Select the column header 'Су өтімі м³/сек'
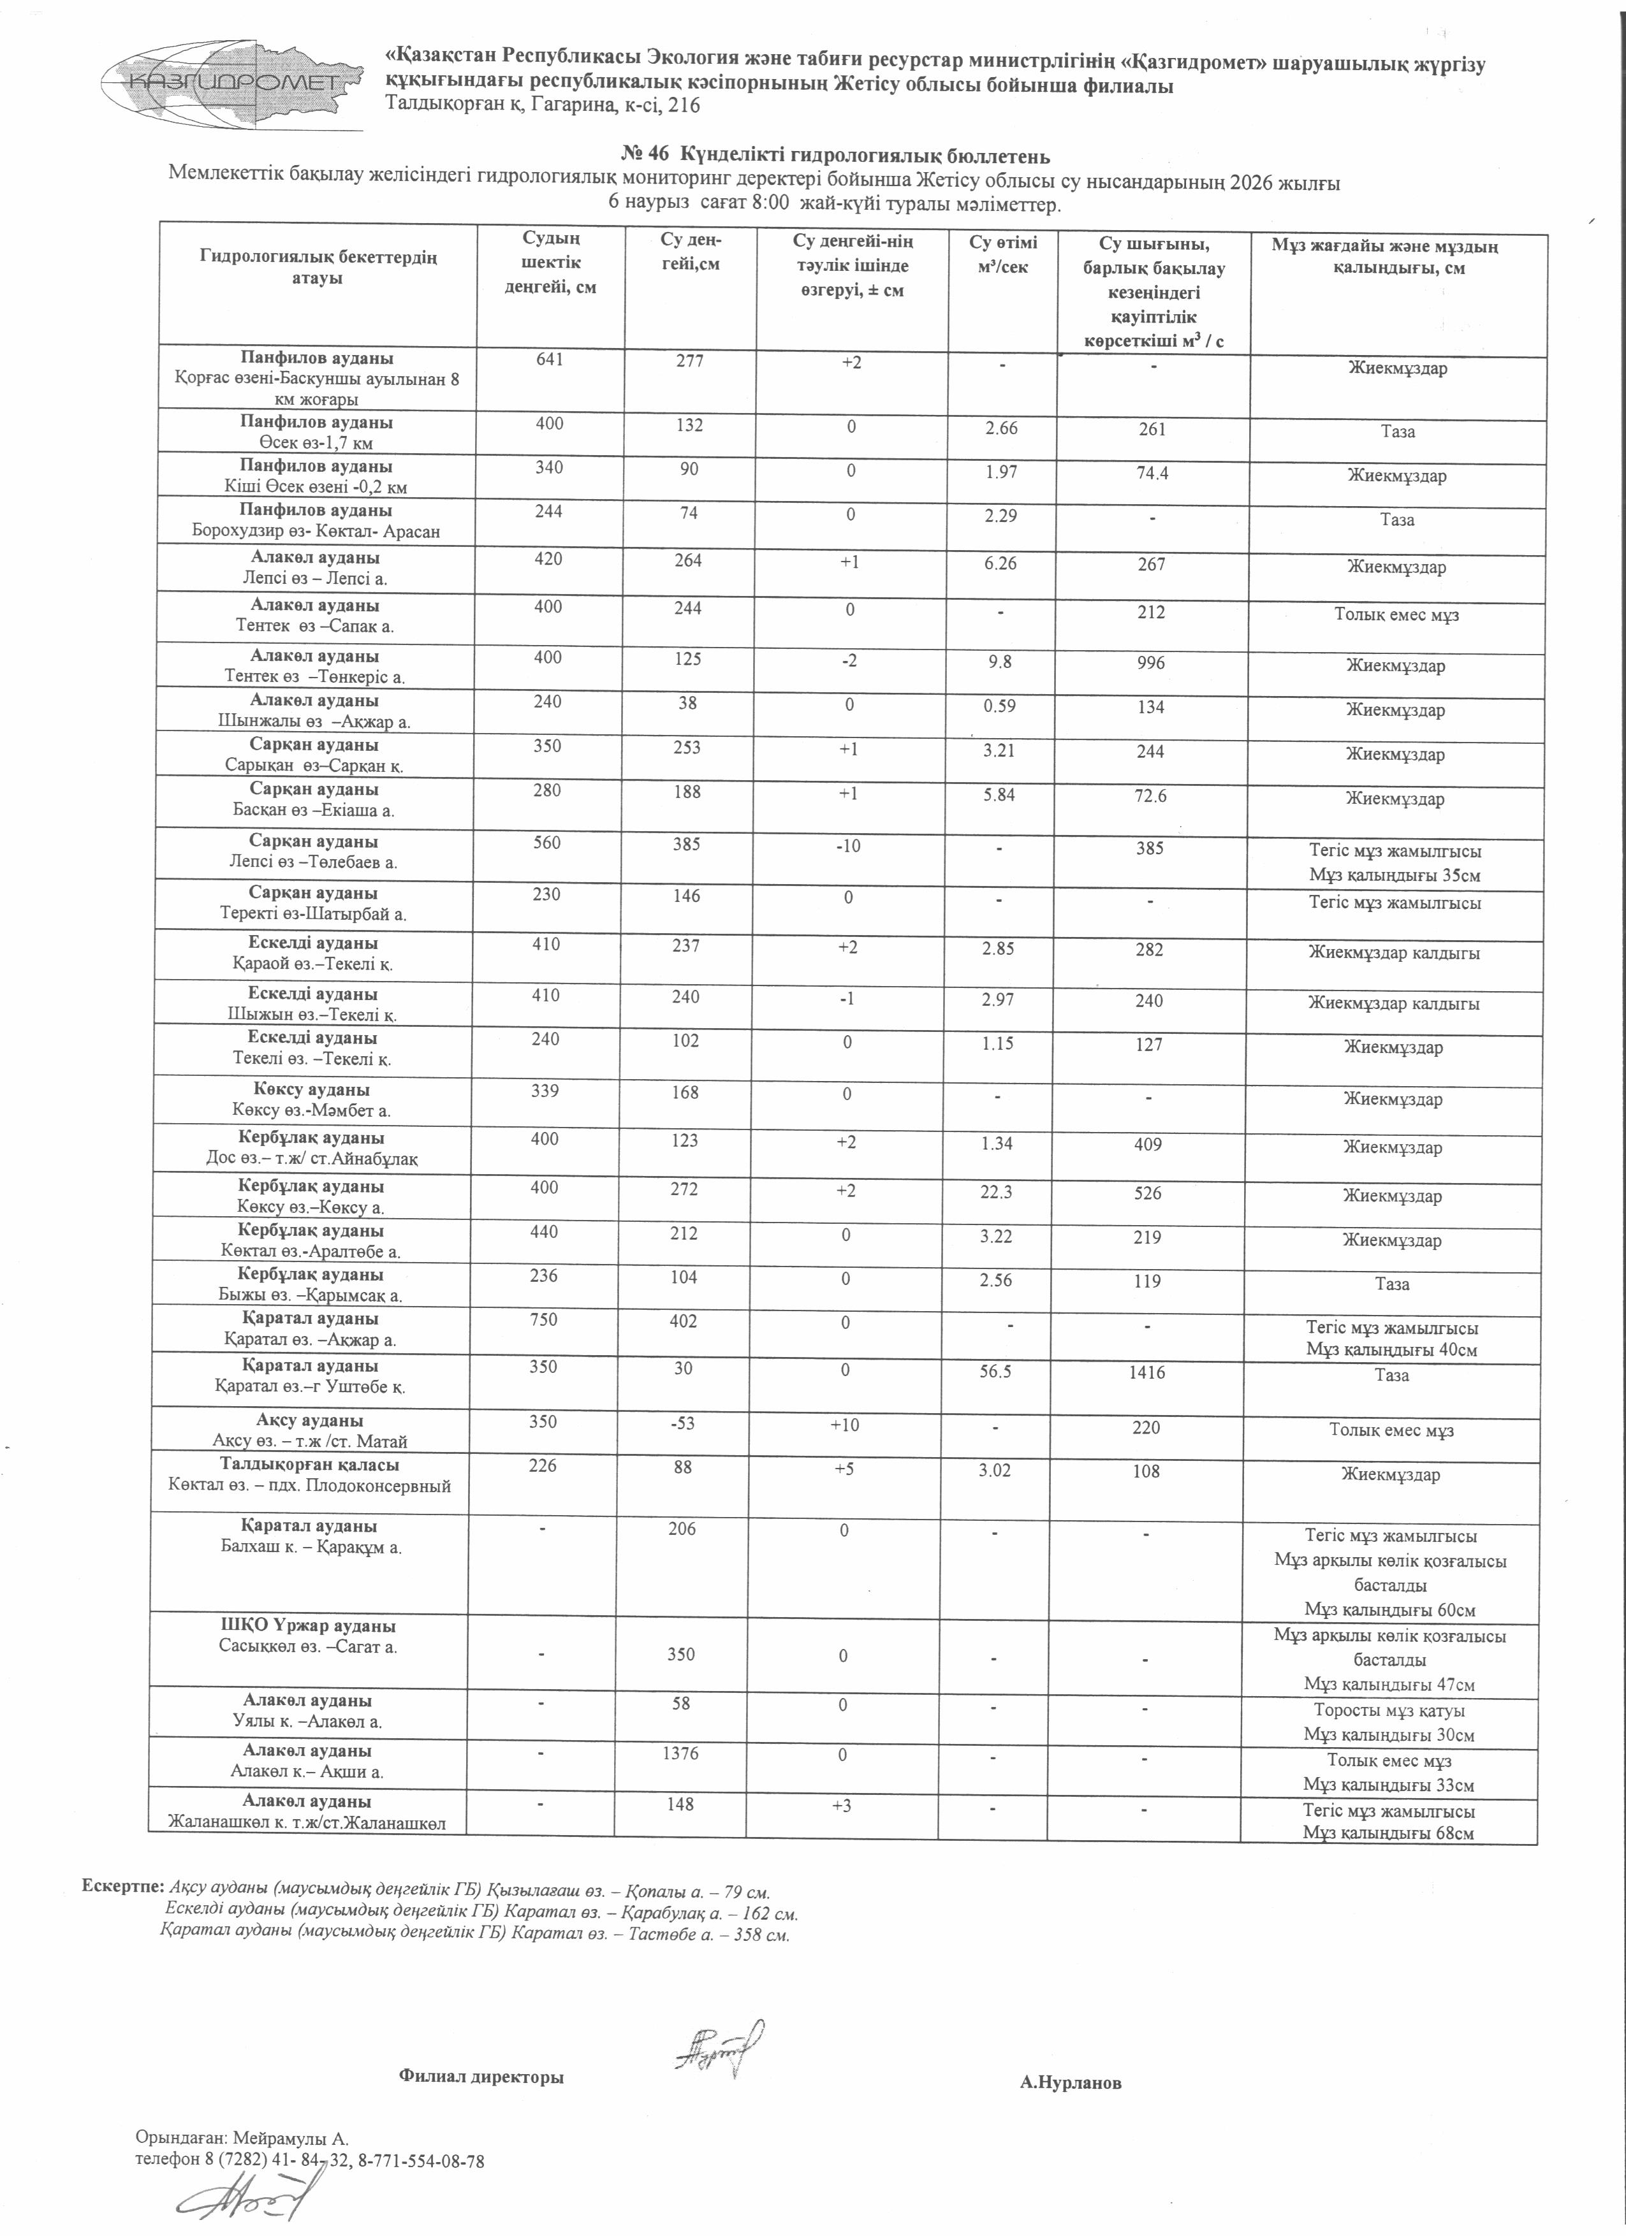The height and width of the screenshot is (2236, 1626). click(1002, 254)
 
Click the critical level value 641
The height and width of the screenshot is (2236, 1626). click(549, 361)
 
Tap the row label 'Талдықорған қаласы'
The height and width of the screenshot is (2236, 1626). click(310, 1465)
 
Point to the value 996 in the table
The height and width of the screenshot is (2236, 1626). click(1150, 662)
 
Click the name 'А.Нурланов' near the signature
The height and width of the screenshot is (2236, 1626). click(1070, 2083)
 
